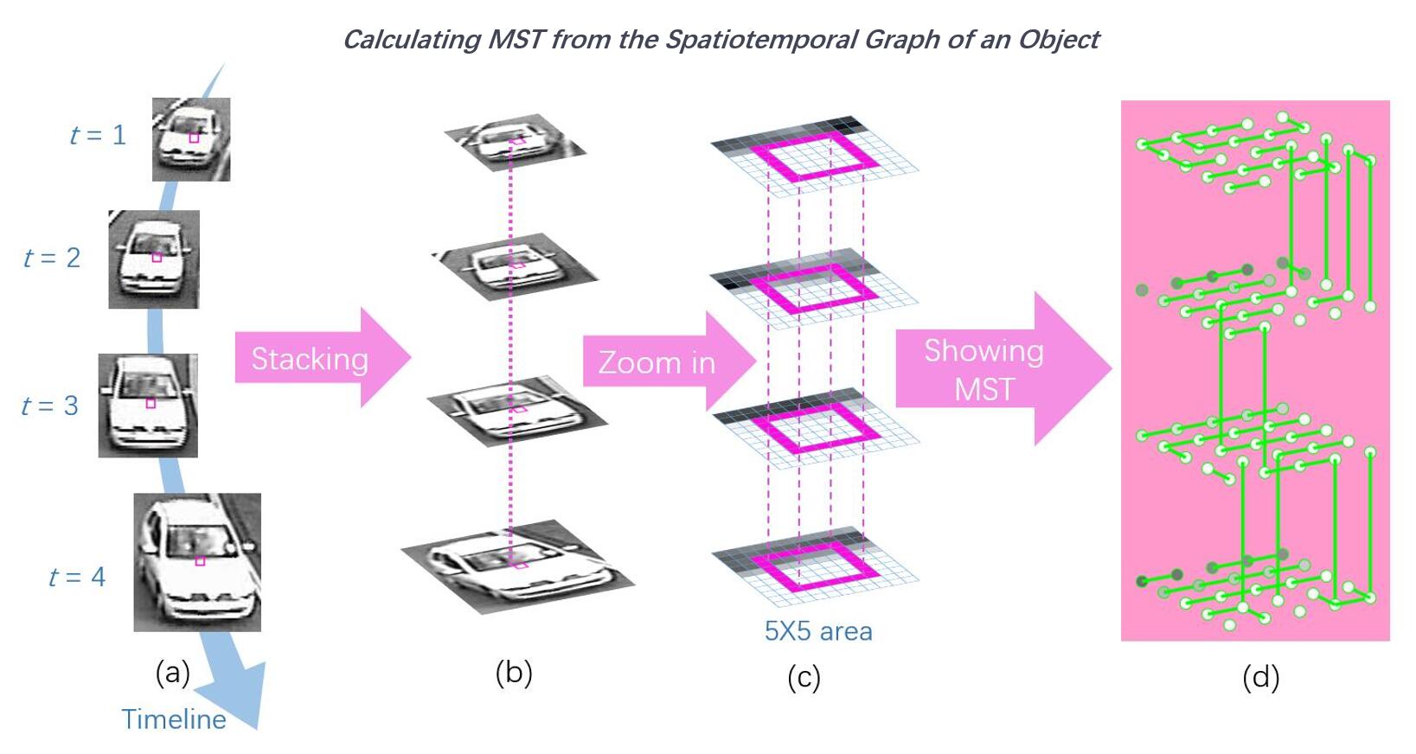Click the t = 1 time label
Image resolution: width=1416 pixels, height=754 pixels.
tap(98, 135)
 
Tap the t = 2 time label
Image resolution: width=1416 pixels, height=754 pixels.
tap(52, 258)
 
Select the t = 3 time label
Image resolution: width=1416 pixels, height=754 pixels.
tap(50, 406)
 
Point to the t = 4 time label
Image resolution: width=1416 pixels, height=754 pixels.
tap(77, 577)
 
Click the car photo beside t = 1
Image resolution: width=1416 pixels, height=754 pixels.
tap(191, 139)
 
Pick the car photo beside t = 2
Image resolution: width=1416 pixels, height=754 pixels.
tap(154, 259)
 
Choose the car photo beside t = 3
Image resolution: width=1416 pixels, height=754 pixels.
tap(148, 406)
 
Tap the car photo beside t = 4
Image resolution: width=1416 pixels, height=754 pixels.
tap(197, 562)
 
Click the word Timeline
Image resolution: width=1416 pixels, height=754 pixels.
tap(174, 719)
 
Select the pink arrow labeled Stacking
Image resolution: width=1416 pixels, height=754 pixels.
tap(320, 358)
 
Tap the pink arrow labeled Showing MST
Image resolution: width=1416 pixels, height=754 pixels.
tap(995, 369)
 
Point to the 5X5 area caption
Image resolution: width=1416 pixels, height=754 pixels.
tap(818, 631)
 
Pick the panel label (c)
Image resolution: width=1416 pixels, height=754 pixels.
tap(804, 678)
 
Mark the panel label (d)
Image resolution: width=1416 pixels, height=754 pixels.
tap(1260, 677)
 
